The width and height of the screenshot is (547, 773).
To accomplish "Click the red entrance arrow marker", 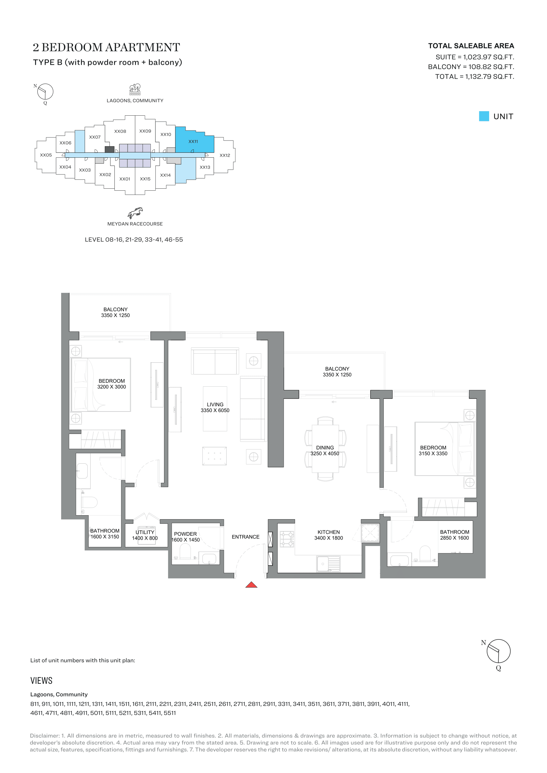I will click(251, 585).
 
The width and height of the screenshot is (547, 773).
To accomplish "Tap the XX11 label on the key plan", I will click(193, 141).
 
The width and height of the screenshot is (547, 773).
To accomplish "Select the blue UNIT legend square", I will click(484, 116).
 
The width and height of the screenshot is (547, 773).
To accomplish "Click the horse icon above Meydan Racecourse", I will click(135, 213).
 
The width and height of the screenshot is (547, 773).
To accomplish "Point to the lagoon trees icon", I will click(135, 89).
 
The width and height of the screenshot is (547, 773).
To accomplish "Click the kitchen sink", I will click(328, 563).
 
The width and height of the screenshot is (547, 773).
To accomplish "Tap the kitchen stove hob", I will click(287, 539).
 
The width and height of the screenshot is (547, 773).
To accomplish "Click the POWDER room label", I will click(185, 534).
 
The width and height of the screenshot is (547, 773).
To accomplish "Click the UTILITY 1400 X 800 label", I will click(145, 535).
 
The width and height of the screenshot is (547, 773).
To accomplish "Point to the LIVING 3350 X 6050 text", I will click(215, 407).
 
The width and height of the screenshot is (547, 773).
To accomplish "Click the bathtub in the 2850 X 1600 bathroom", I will click(399, 561).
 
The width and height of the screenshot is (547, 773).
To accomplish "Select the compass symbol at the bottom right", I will click(498, 651).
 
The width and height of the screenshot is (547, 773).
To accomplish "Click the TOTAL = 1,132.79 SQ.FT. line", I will click(474, 76).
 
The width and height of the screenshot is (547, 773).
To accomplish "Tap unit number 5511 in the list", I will click(169, 713).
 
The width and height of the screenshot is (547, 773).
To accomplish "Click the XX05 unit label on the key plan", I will click(46, 155).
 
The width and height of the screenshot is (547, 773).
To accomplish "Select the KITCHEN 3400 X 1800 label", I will click(328, 535).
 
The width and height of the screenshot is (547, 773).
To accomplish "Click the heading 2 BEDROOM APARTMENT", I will click(106, 48).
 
